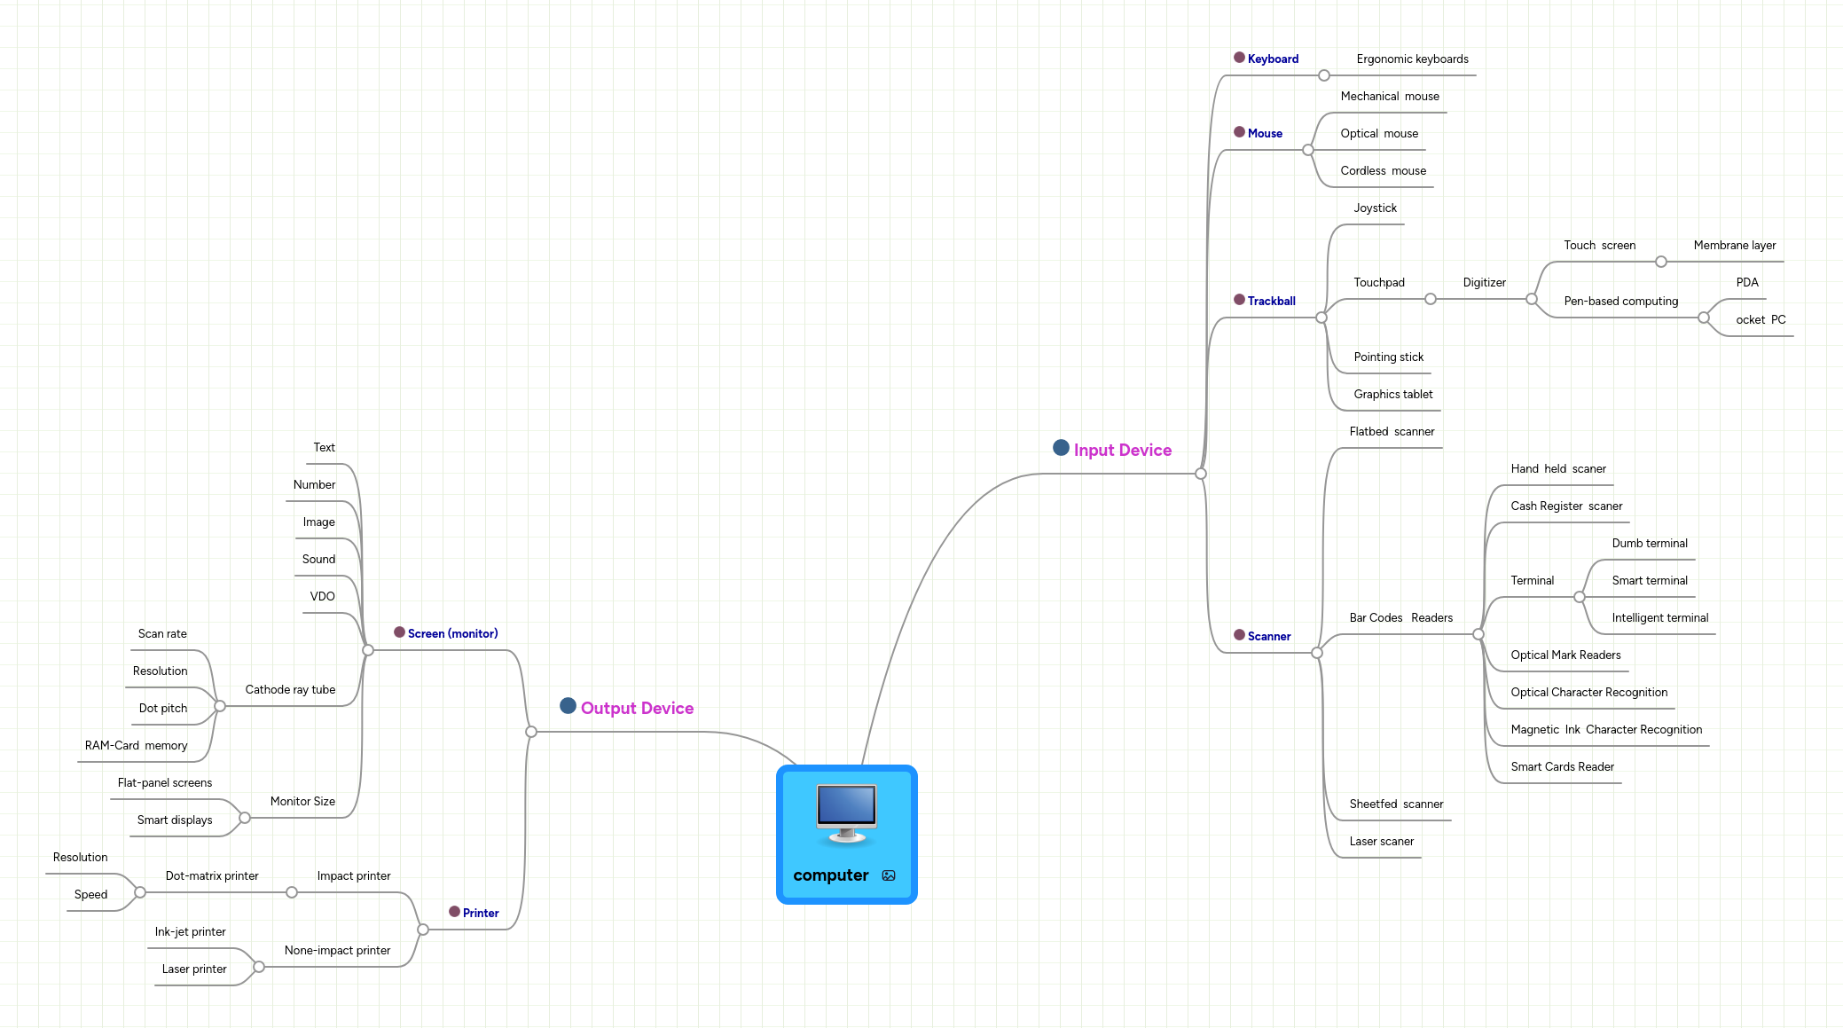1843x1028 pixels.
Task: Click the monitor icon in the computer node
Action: click(846, 812)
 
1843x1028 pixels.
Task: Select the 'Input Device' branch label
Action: click(1122, 451)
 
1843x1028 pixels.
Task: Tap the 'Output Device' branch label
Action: click(637, 709)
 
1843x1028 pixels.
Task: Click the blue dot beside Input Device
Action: click(1061, 448)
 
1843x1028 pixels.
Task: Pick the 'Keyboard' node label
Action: click(1273, 59)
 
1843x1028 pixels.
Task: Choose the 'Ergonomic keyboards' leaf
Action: click(1412, 59)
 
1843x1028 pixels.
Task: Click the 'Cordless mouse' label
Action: click(1383, 171)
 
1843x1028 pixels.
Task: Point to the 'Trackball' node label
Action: click(1271, 302)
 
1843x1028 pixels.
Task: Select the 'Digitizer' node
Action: click(1484, 283)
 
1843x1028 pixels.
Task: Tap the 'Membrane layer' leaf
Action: click(1734, 246)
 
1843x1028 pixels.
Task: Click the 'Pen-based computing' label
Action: click(1620, 302)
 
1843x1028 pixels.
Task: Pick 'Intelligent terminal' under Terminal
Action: click(1659, 618)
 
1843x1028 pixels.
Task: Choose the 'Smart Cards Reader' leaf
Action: click(1562, 767)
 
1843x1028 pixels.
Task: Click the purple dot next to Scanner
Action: click(1239, 635)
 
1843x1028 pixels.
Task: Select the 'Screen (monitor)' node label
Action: click(452, 634)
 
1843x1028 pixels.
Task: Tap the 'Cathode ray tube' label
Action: click(290, 690)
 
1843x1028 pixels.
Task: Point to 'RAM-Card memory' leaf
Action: click(136, 746)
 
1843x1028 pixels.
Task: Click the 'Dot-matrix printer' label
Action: click(212, 876)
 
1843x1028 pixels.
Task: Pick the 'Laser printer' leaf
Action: click(194, 969)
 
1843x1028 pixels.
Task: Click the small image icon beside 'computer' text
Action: click(889, 876)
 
